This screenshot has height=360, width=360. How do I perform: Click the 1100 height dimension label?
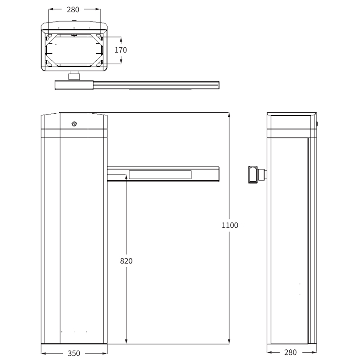coord(230,225)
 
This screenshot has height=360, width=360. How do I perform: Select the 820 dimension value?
coord(126,261)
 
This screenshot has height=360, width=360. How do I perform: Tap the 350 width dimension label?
coord(74,353)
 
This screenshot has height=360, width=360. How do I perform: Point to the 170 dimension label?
coord(121,50)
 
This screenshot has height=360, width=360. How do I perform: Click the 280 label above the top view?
coord(73,9)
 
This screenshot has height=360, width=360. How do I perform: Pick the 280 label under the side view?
coord(291,352)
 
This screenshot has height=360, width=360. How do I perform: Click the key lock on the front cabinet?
coord(74,124)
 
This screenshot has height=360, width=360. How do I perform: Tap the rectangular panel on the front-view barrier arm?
coord(160,175)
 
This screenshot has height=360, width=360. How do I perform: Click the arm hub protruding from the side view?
coord(257,175)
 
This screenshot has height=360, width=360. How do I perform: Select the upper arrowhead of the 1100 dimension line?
coord(229,115)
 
